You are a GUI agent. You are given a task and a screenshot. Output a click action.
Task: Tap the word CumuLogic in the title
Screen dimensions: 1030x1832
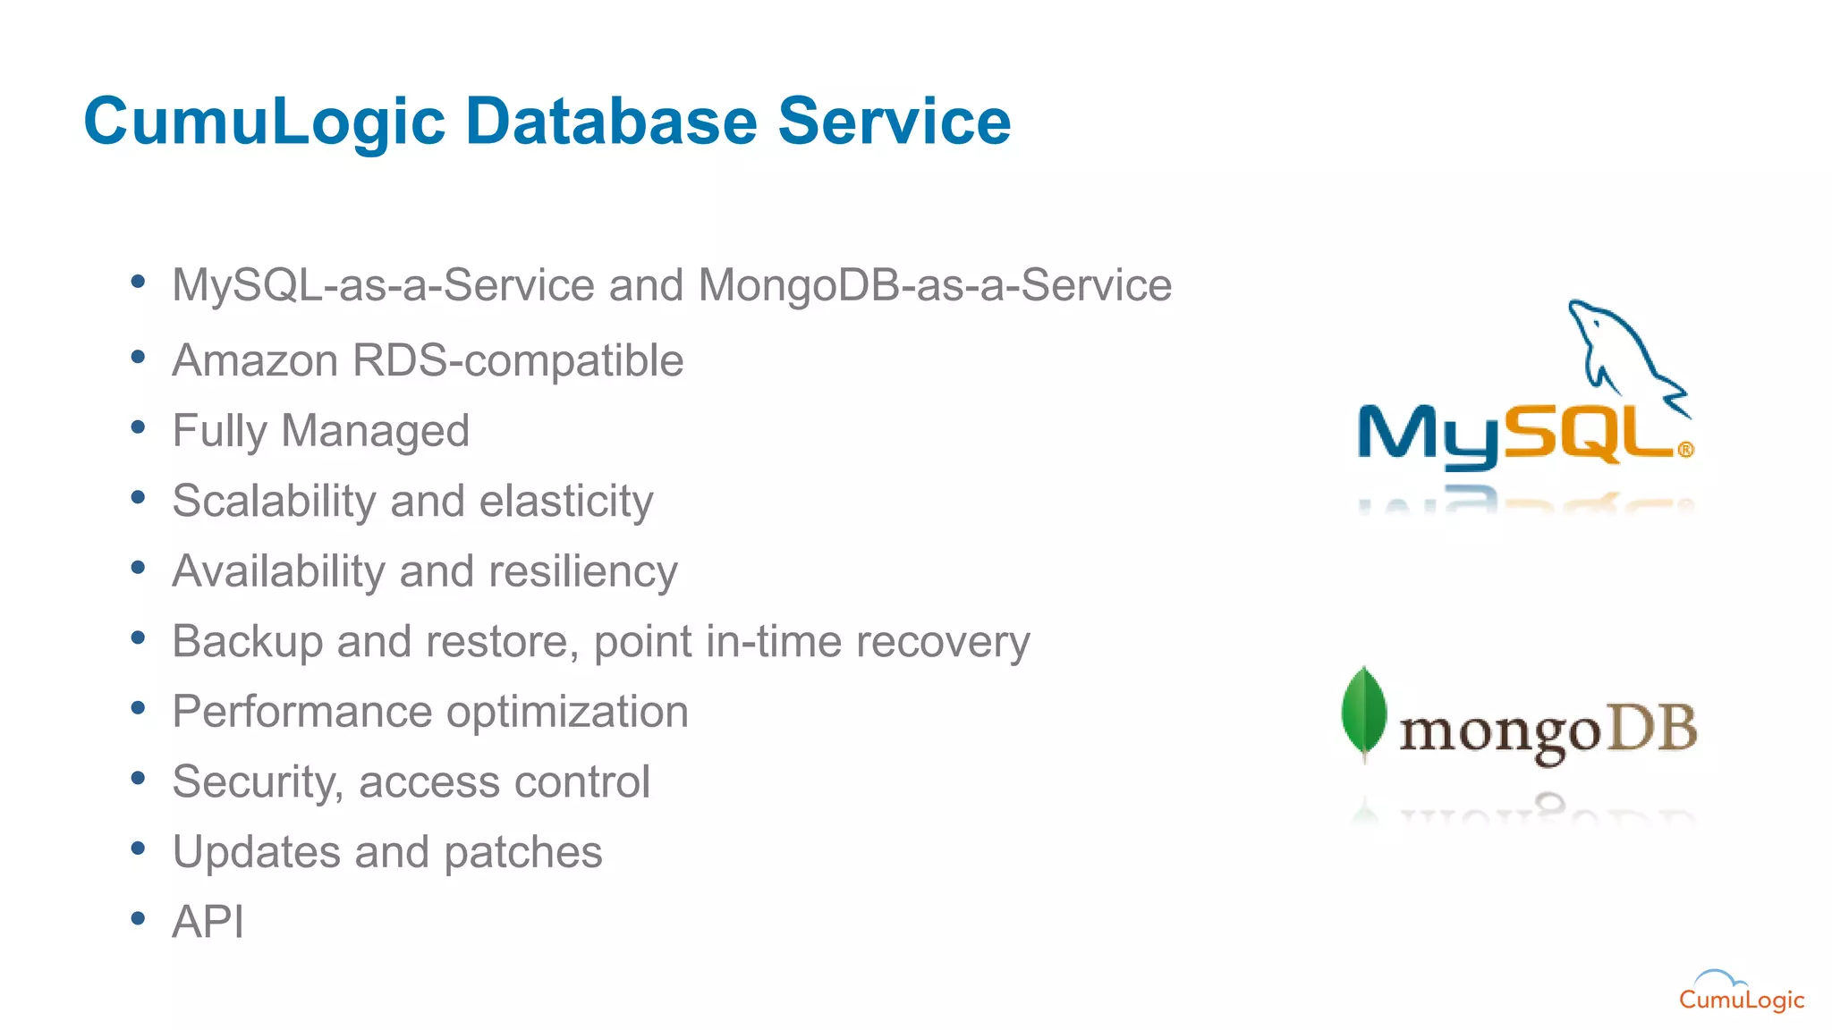(264, 122)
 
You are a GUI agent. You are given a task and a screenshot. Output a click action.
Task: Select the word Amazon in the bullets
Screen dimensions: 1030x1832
(255, 361)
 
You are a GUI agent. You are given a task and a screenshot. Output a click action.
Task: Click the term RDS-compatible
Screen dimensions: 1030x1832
(518, 361)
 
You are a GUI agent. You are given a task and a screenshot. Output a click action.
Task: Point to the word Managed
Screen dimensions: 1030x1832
(375, 431)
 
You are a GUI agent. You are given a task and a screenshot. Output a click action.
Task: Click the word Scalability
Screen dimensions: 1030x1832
(274, 501)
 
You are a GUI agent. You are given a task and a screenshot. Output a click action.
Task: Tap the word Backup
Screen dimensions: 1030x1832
(247, 641)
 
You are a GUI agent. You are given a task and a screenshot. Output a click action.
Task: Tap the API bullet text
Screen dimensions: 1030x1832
(208, 922)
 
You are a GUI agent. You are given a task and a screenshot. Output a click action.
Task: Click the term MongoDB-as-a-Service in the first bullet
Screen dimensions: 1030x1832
(935, 286)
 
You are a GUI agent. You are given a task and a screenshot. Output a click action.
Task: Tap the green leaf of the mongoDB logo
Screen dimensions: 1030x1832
(1364, 713)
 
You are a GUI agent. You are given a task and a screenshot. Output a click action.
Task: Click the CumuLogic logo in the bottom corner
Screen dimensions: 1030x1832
(1741, 992)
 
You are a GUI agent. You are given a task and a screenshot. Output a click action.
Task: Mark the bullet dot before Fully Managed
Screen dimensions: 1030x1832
(138, 427)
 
